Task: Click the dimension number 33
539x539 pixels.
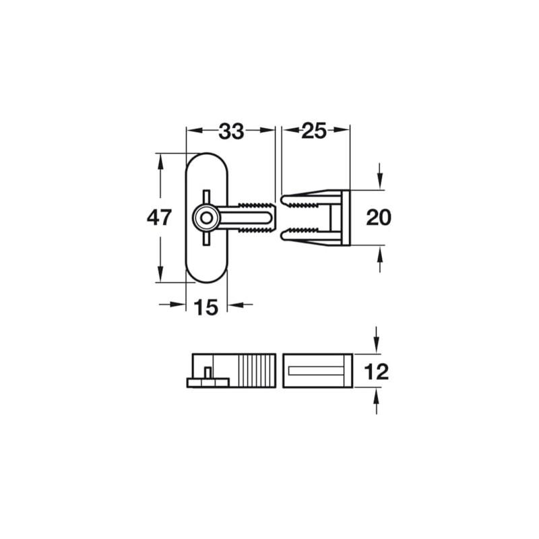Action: [230, 132]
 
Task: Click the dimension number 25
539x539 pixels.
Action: [314, 131]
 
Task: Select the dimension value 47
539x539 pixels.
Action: [160, 218]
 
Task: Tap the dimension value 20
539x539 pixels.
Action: [379, 218]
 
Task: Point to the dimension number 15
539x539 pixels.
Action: [206, 307]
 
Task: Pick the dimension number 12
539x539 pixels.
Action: [376, 371]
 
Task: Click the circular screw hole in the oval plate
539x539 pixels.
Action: [205, 218]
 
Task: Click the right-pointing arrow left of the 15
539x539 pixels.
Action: [179, 305]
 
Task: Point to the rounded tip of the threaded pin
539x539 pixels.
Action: [272, 218]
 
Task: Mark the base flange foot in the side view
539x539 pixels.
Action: [208, 383]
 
